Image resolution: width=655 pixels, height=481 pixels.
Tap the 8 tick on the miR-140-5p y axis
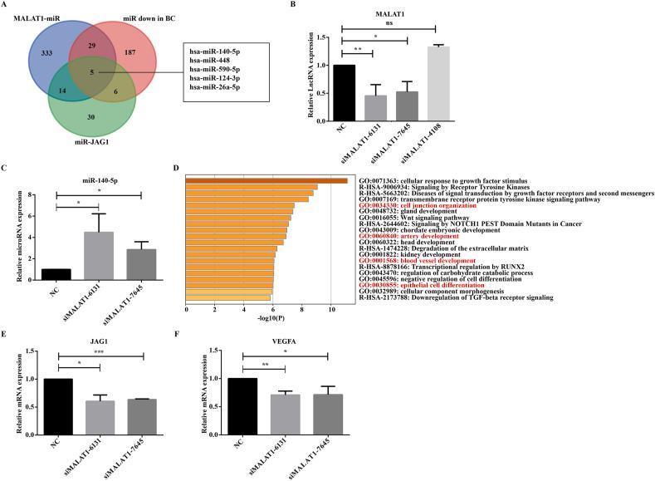pyautogui.click(x=32, y=195)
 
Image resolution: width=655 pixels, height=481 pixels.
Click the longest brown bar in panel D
pyautogui.click(x=267, y=180)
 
